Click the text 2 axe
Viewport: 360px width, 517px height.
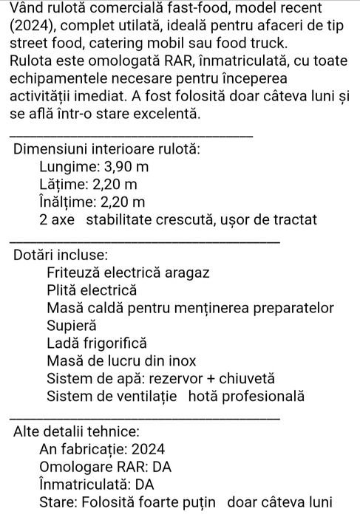(x=58, y=219)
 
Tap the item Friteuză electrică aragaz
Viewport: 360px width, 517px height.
(x=128, y=273)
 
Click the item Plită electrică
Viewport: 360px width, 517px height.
(x=92, y=290)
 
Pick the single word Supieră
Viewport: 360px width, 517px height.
(x=71, y=325)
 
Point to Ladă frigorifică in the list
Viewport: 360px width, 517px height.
(x=97, y=343)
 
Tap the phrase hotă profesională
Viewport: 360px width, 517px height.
(x=246, y=396)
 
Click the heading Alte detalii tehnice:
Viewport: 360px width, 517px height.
(x=75, y=431)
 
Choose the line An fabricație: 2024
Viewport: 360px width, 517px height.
(x=101, y=449)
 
